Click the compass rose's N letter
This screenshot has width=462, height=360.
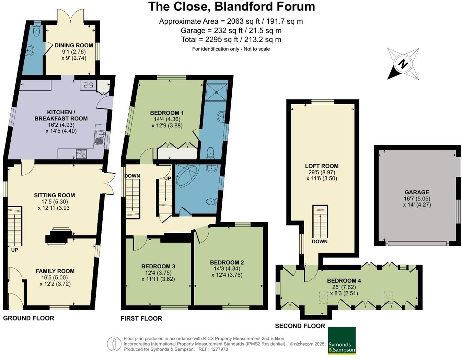click(403, 64)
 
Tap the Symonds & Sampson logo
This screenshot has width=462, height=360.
click(342, 340)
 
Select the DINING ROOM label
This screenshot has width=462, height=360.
click(74, 45)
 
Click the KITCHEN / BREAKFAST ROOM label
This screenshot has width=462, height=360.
click(61, 115)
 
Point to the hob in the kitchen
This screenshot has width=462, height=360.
click(81, 154)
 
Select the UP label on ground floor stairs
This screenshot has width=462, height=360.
click(14, 250)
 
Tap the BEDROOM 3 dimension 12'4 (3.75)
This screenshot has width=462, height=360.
click(158, 273)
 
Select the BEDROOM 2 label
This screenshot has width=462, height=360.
click(227, 263)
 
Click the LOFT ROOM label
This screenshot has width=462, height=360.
click(322, 166)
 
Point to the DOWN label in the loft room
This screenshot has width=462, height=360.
click(320, 241)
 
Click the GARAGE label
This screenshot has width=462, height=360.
click(417, 193)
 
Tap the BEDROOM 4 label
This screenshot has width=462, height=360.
click(344, 281)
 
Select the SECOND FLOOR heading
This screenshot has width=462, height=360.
click(300, 326)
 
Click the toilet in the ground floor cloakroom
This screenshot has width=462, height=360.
click(37, 31)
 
